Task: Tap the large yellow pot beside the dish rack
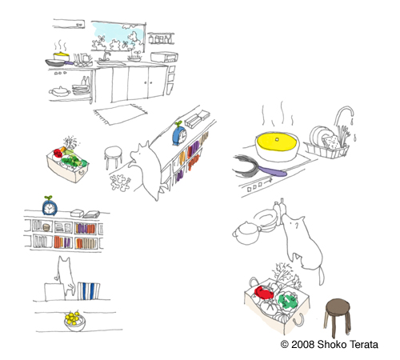point(277,146)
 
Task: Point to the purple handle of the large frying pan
point(272,171)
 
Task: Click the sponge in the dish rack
point(331,142)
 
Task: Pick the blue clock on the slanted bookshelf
point(179,134)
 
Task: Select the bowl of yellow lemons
point(75,321)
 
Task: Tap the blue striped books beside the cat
point(89,291)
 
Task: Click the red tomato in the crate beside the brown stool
point(264,293)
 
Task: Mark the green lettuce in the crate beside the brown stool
point(287,301)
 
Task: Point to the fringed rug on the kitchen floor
point(120,114)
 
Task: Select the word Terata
point(364,344)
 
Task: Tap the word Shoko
point(332,344)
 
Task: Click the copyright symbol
point(285,344)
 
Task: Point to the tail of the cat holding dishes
point(322,276)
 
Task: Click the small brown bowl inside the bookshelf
point(46,227)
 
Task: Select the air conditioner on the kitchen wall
point(69,24)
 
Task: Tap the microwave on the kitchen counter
point(164,57)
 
